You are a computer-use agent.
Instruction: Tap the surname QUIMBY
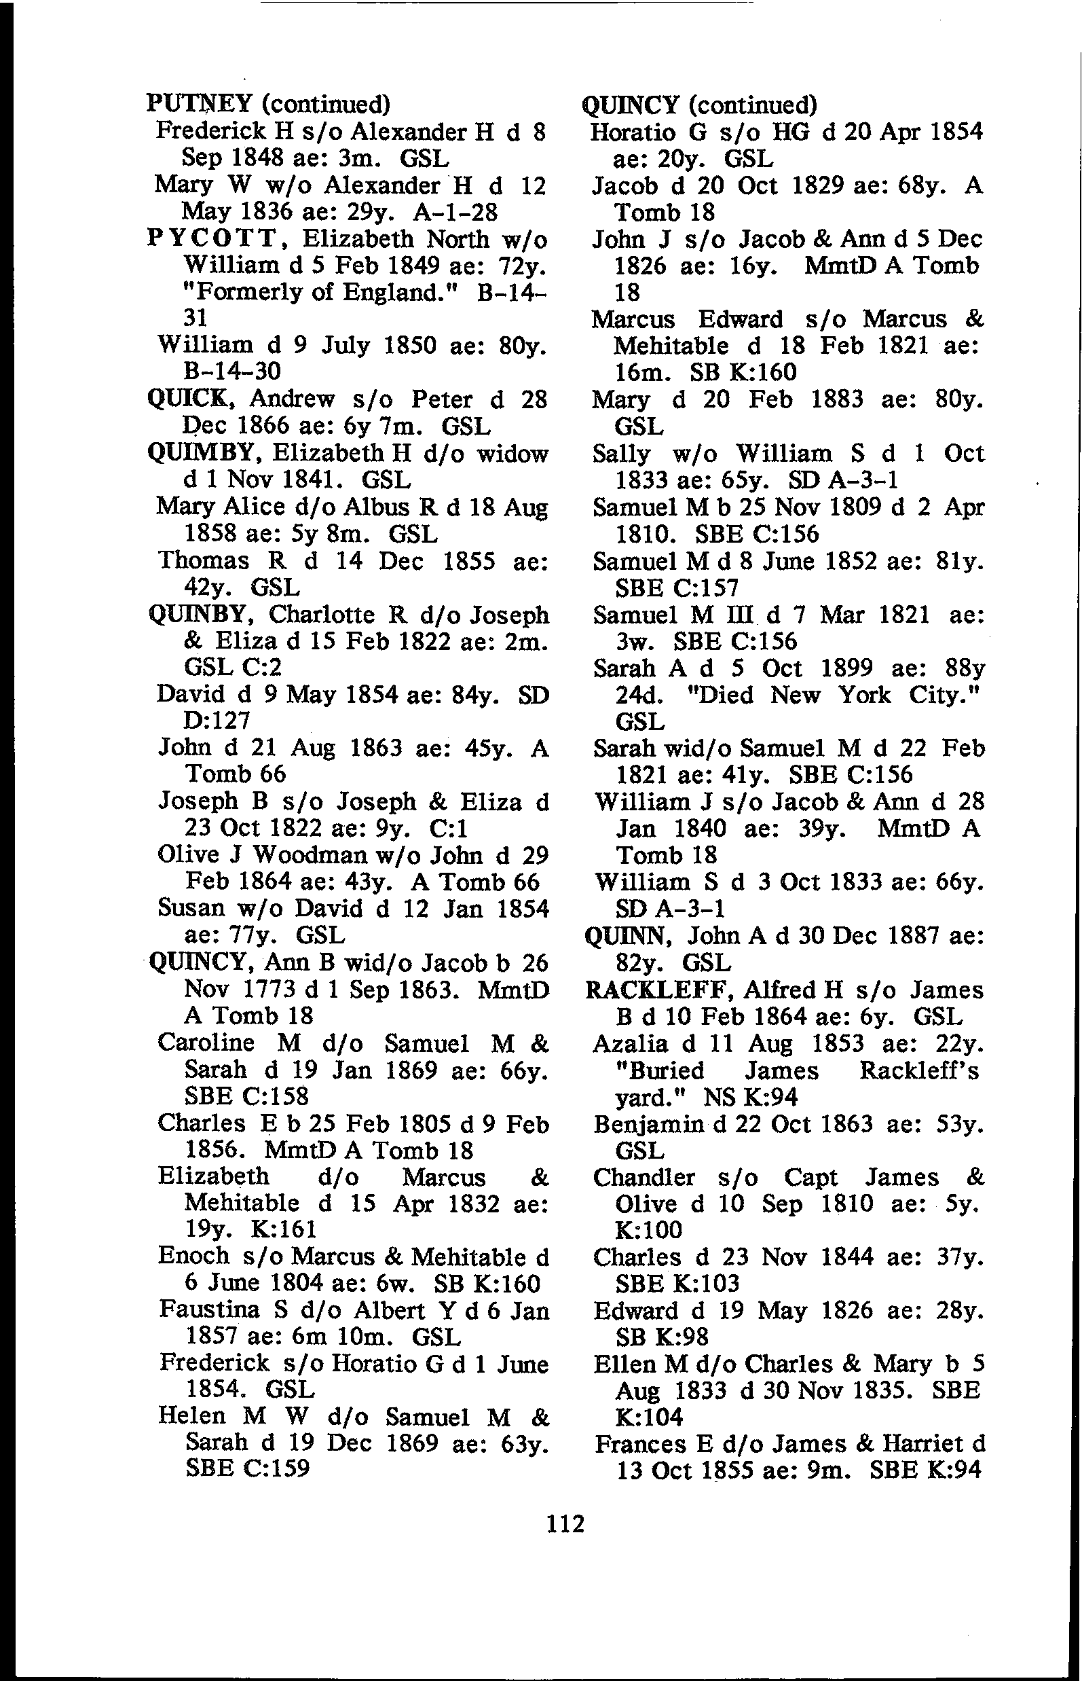(x=204, y=453)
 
